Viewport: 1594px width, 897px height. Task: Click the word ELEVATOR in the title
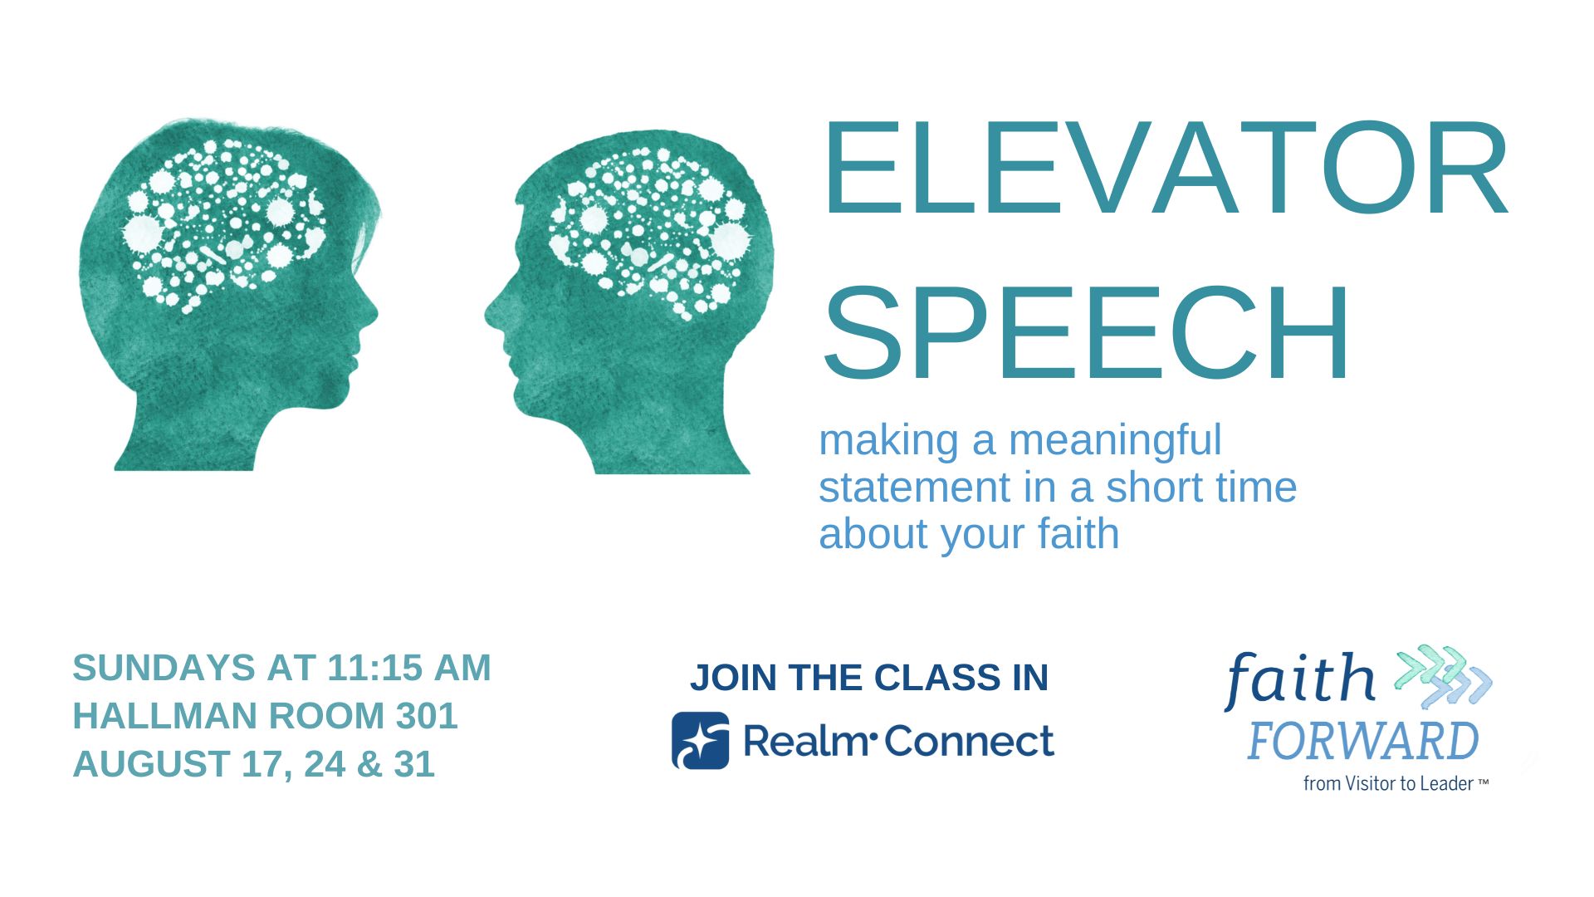tap(1165, 169)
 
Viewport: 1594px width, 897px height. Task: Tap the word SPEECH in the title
tap(1087, 332)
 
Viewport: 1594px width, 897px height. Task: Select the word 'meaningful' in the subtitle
tap(1115, 441)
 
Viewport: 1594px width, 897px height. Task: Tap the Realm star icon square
tap(701, 740)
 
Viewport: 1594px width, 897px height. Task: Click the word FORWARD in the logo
tap(1362, 742)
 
